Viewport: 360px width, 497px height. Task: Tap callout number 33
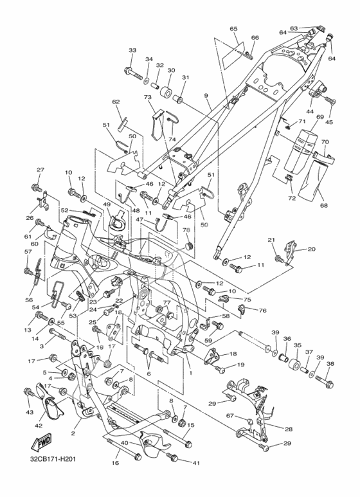tap(132, 50)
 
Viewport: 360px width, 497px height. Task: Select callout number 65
tap(233, 29)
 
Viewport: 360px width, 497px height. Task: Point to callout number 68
tap(315, 205)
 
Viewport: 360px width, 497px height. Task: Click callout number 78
tap(186, 230)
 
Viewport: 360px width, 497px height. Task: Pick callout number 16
tap(116, 463)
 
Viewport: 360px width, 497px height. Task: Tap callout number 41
tap(196, 463)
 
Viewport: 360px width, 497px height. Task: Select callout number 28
tap(289, 429)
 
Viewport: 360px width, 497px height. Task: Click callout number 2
tap(73, 433)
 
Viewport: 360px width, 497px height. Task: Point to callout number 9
tap(206, 95)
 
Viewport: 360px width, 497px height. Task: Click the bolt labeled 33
tap(134, 73)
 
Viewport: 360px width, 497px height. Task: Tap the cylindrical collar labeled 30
tap(167, 91)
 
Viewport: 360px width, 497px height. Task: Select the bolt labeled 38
tap(325, 381)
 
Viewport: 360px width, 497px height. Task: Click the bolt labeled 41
tap(173, 457)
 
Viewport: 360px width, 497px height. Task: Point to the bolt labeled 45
tap(330, 100)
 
